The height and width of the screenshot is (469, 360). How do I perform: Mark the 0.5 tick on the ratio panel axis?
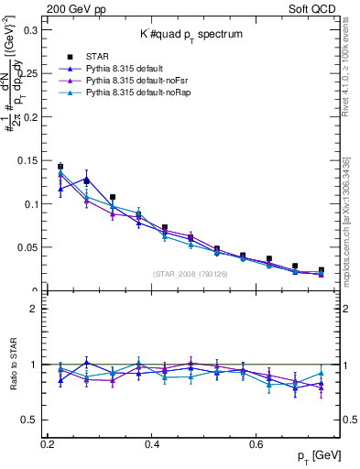tap(32, 420)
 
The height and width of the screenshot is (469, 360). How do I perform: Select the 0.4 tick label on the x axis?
tap(153, 444)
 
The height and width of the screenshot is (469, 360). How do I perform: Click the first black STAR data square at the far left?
tap(60, 167)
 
